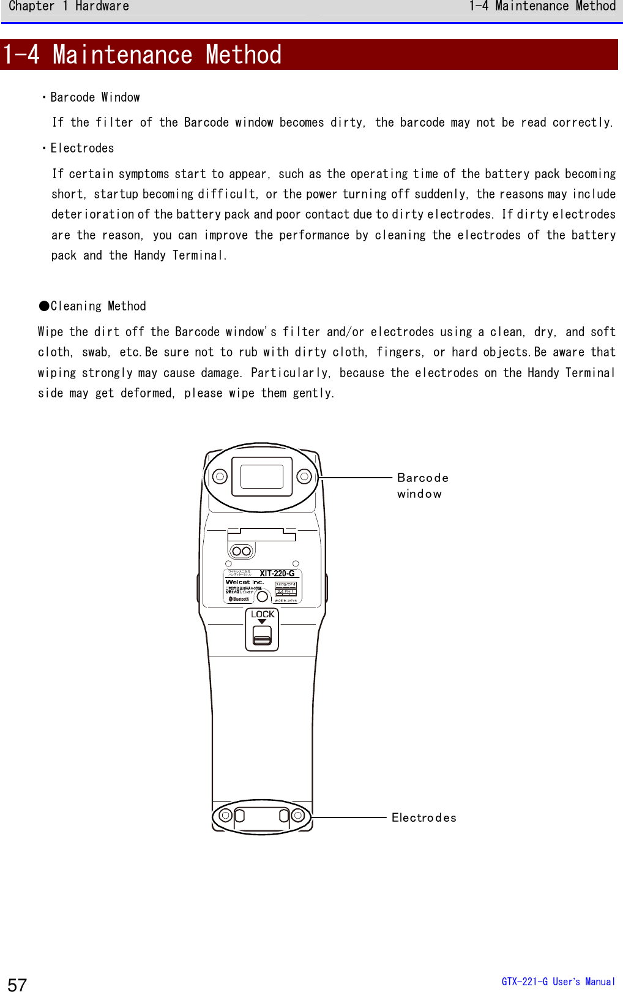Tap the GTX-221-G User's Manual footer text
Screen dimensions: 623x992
pyautogui.click(x=558, y=982)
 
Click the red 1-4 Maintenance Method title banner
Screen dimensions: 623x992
pyautogui.click(x=308, y=54)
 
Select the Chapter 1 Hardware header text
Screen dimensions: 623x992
pyautogui.click(x=69, y=7)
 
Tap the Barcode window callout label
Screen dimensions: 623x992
pyautogui.click(x=422, y=486)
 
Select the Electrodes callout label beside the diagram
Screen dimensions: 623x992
pyautogui.click(x=423, y=817)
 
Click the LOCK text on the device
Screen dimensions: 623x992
pyautogui.click(x=263, y=614)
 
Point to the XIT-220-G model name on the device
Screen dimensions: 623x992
pyautogui.click(x=277, y=574)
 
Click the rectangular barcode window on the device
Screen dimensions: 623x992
pyautogui.click(x=262, y=476)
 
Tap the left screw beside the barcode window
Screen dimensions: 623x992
pyautogui.click(x=220, y=476)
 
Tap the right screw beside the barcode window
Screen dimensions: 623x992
pyautogui.click(x=304, y=476)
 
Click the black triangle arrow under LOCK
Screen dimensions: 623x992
pyautogui.click(x=262, y=622)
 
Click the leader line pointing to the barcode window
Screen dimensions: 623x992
pyautogui.click(x=355, y=478)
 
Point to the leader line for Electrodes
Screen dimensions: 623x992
pyautogui.click(x=349, y=817)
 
